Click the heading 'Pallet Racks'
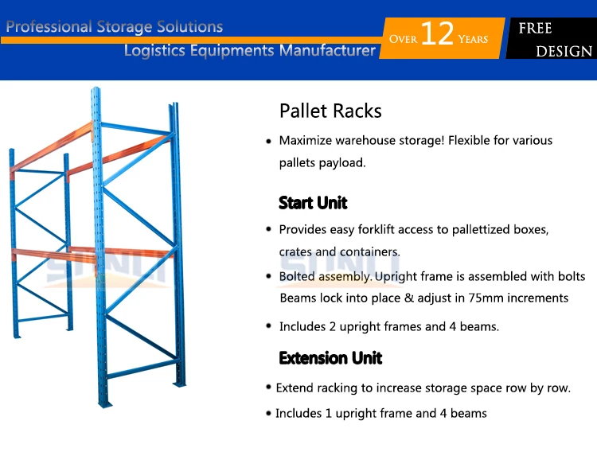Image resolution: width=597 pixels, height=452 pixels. [330, 111]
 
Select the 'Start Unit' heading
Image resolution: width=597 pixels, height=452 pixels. [313, 203]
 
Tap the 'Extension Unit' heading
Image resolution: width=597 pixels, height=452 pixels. [330, 358]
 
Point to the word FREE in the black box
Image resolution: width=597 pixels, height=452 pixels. [536, 29]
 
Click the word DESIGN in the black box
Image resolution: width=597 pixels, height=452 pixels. [564, 52]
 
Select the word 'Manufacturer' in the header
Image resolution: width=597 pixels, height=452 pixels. [326, 51]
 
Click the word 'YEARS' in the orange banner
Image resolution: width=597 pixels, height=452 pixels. [473, 39]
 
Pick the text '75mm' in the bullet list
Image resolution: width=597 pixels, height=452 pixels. [478, 298]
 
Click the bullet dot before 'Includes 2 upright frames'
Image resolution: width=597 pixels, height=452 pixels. [268, 326]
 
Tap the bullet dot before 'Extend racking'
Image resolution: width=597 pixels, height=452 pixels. [268, 388]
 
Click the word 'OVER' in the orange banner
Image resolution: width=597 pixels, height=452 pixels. [402, 39]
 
